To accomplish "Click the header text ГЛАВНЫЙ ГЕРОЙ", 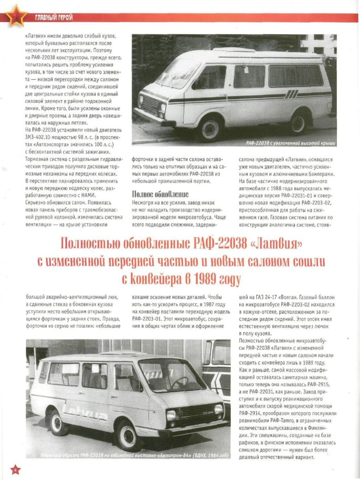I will (x=54, y=18).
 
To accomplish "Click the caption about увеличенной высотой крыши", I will (x=290, y=143).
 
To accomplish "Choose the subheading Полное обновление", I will (x=160, y=194).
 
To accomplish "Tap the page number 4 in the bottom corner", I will (x=15, y=469).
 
